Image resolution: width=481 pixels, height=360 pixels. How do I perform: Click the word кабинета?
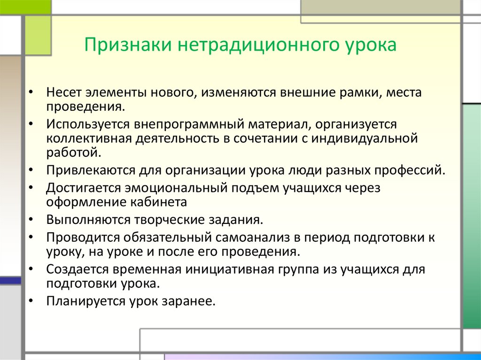161,202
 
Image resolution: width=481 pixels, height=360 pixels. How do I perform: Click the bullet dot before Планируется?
31,301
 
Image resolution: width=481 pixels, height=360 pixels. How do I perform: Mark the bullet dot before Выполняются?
31,220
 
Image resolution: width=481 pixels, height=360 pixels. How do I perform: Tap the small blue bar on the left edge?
10,280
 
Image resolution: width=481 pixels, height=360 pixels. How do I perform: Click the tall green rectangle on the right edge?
472,216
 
